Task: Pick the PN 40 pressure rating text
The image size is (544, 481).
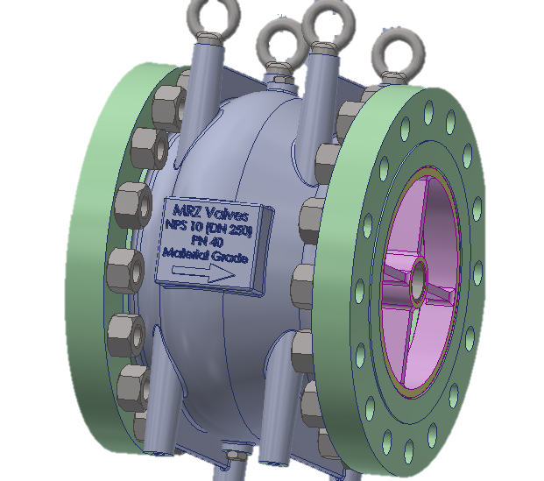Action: click(x=208, y=244)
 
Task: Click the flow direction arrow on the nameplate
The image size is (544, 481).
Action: click(x=203, y=273)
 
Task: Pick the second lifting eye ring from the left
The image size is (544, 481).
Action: click(x=282, y=39)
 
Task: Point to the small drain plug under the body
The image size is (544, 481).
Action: click(x=232, y=456)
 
